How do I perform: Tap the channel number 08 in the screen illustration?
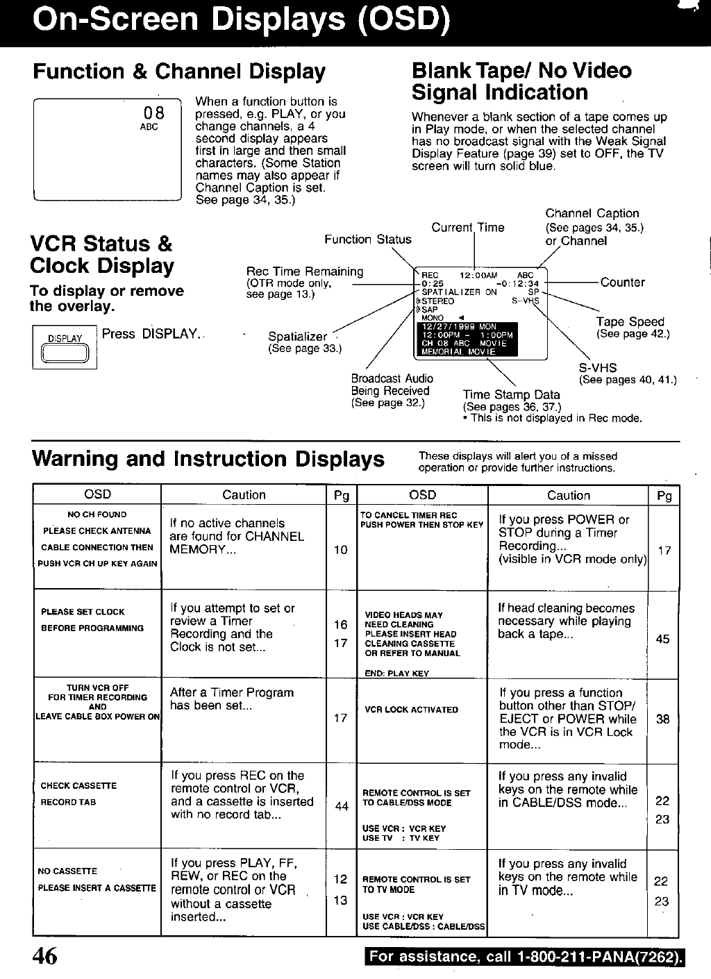point(153,113)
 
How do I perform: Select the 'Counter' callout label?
point(622,283)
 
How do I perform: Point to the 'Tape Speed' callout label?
point(630,322)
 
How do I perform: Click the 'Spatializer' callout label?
point(297,337)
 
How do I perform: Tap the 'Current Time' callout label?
point(467,228)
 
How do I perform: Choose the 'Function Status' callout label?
point(367,240)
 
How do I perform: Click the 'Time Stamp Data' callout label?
point(511,394)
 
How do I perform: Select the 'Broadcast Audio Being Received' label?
point(392,385)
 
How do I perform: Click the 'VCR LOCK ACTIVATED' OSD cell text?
point(411,710)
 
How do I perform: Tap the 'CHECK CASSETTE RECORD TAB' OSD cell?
point(78,794)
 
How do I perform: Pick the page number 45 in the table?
point(662,639)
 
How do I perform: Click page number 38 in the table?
point(662,719)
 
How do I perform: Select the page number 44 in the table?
point(341,806)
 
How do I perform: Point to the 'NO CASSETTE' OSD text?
point(67,871)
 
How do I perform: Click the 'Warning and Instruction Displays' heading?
point(208,459)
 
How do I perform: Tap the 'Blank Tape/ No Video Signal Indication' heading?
point(521,81)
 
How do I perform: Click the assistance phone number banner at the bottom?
point(524,957)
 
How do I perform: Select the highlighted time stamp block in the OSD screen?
point(465,338)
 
